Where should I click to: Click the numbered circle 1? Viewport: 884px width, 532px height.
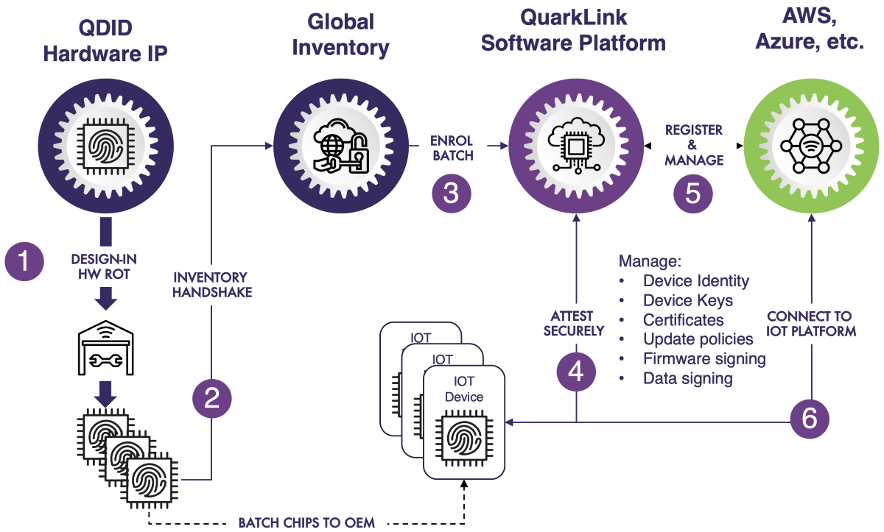click(x=25, y=261)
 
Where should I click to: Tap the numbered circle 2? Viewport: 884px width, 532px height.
click(x=212, y=398)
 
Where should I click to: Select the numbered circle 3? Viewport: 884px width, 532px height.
click(x=451, y=194)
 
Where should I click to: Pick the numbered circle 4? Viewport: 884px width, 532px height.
click(x=576, y=372)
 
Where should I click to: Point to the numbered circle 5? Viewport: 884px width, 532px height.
click(x=693, y=193)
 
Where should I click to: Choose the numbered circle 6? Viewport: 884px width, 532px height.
click(x=810, y=419)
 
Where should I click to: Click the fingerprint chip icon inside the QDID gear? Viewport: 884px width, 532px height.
click(x=105, y=141)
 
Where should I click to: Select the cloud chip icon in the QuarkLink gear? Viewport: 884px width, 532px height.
click(x=577, y=142)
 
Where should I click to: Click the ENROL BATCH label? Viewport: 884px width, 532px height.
click(x=452, y=148)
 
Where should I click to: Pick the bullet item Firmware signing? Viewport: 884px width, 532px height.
click(x=704, y=359)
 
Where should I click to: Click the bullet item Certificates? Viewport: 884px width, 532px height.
click(x=683, y=320)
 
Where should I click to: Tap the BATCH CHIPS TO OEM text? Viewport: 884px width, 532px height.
click(x=306, y=522)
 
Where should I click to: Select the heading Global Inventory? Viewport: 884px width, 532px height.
click(x=340, y=35)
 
